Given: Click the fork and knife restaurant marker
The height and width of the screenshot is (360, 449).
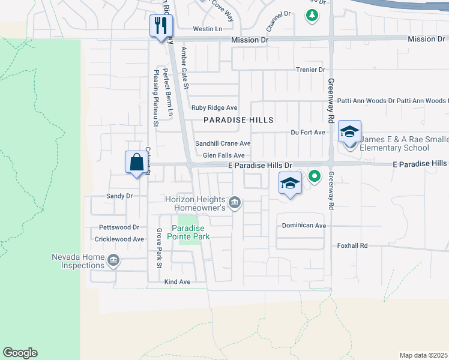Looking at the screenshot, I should pyautogui.click(x=161, y=26).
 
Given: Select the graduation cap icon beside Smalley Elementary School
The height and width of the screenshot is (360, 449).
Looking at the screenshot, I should pyautogui.click(x=349, y=132).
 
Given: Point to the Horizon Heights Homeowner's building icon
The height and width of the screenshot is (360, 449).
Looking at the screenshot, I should pyautogui.click(x=235, y=202).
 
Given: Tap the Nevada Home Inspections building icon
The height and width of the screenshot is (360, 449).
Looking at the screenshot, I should pyautogui.click(x=113, y=260).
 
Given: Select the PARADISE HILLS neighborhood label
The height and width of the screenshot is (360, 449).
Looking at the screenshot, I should pyautogui.click(x=238, y=120).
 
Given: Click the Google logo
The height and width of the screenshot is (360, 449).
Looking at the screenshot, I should pyautogui.click(x=20, y=353).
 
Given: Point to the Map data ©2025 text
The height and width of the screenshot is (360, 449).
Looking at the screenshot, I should pyautogui.click(x=423, y=355).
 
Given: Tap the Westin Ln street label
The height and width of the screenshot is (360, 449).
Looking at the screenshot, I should pyautogui.click(x=207, y=29).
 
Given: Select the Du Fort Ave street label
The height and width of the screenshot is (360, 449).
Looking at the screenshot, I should pyautogui.click(x=307, y=132).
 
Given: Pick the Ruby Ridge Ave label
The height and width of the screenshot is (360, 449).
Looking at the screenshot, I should pyautogui.click(x=214, y=108).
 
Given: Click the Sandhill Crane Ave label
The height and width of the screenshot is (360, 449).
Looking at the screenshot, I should pyautogui.click(x=222, y=144).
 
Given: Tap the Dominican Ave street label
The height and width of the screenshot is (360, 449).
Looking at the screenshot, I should pyautogui.click(x=304, y=226).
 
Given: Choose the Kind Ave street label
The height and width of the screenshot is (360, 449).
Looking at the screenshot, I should pyautogui.click(x=177, y=281).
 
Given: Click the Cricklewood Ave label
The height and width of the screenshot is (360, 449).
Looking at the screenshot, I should pyautogui.click(x=119, y=239).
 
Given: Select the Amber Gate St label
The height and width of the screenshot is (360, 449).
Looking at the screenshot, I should pyautogui.click(x=185, y=70).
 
